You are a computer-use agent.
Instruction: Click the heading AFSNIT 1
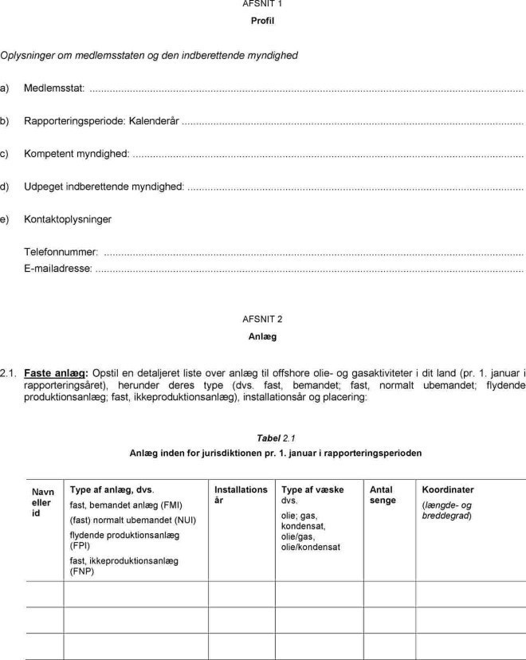[x=262, y=4]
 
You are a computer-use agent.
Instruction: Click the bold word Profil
[x=262, y=21]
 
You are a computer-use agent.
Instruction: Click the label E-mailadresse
[x=58, y=269]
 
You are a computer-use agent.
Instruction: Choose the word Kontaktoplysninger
[x=68, y=219]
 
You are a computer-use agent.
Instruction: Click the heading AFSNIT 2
[x=262, y=319]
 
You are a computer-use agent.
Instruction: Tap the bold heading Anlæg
[x=262, y=336]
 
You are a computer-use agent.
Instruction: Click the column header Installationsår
[x=241, y=495]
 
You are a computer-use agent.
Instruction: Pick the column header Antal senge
[x=383, y=495]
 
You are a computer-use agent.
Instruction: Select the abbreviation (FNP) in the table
[x=82, y=572]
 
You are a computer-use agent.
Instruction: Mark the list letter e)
[x=5, y=219]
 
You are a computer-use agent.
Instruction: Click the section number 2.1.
[x=9, y=372]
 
